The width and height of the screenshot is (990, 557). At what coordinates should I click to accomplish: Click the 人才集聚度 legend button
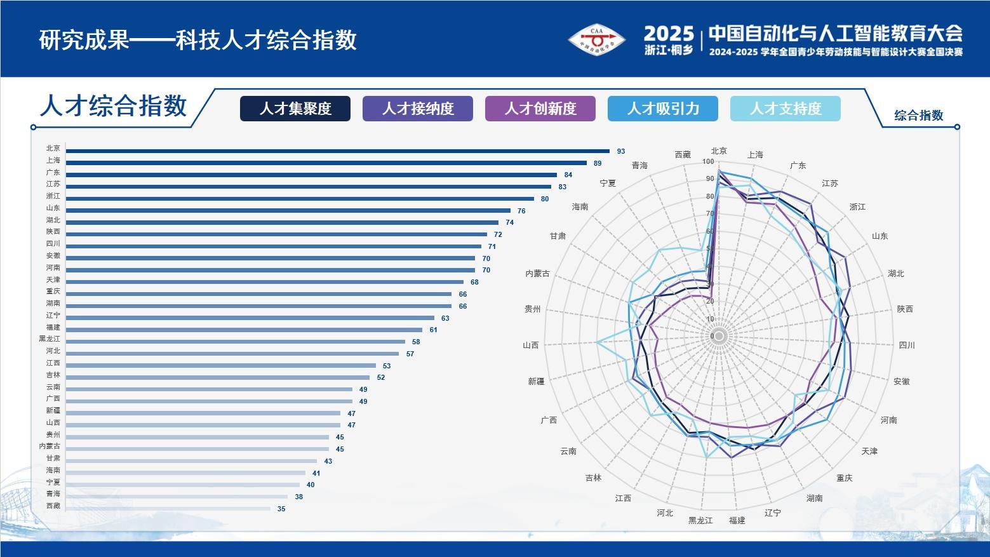tap(295, 109)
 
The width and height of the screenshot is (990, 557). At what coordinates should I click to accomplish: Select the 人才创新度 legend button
tap(540, 109)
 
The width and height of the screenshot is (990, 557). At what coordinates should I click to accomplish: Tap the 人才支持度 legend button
tap(785, 109)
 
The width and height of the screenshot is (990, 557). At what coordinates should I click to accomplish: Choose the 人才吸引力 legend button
tap(662, 109)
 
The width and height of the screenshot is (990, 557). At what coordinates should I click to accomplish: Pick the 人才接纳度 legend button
tap(417, 109)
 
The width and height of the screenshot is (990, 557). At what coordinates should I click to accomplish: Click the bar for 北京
tap(337, 151)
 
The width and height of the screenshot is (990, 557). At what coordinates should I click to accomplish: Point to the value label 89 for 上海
tap(598, 163)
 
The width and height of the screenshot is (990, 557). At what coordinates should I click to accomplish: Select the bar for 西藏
tap(168, 509)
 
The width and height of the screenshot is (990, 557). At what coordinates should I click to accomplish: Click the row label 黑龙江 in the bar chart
tap(50, 339)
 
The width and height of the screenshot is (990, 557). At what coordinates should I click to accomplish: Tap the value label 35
tap(281, 509)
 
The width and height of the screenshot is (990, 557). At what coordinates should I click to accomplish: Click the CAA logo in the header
tap(596, 41)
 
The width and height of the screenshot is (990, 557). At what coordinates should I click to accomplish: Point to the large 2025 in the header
tap(669, 33)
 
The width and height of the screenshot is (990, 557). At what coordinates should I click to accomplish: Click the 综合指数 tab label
tap(919, 116)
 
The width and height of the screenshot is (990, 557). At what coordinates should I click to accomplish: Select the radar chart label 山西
tap(530, 345)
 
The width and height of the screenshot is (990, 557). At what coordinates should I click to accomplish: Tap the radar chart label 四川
tap(907, 345)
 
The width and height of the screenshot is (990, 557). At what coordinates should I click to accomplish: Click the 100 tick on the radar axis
tap(708, 162)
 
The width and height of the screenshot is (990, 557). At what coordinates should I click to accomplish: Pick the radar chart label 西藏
tap(683, 154)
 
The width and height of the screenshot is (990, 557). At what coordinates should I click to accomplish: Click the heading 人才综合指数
tap(114, 105)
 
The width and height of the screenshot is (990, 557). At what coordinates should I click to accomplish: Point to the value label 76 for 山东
tap(521, 211)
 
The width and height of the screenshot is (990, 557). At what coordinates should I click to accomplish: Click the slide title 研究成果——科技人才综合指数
tap(197, 40)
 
